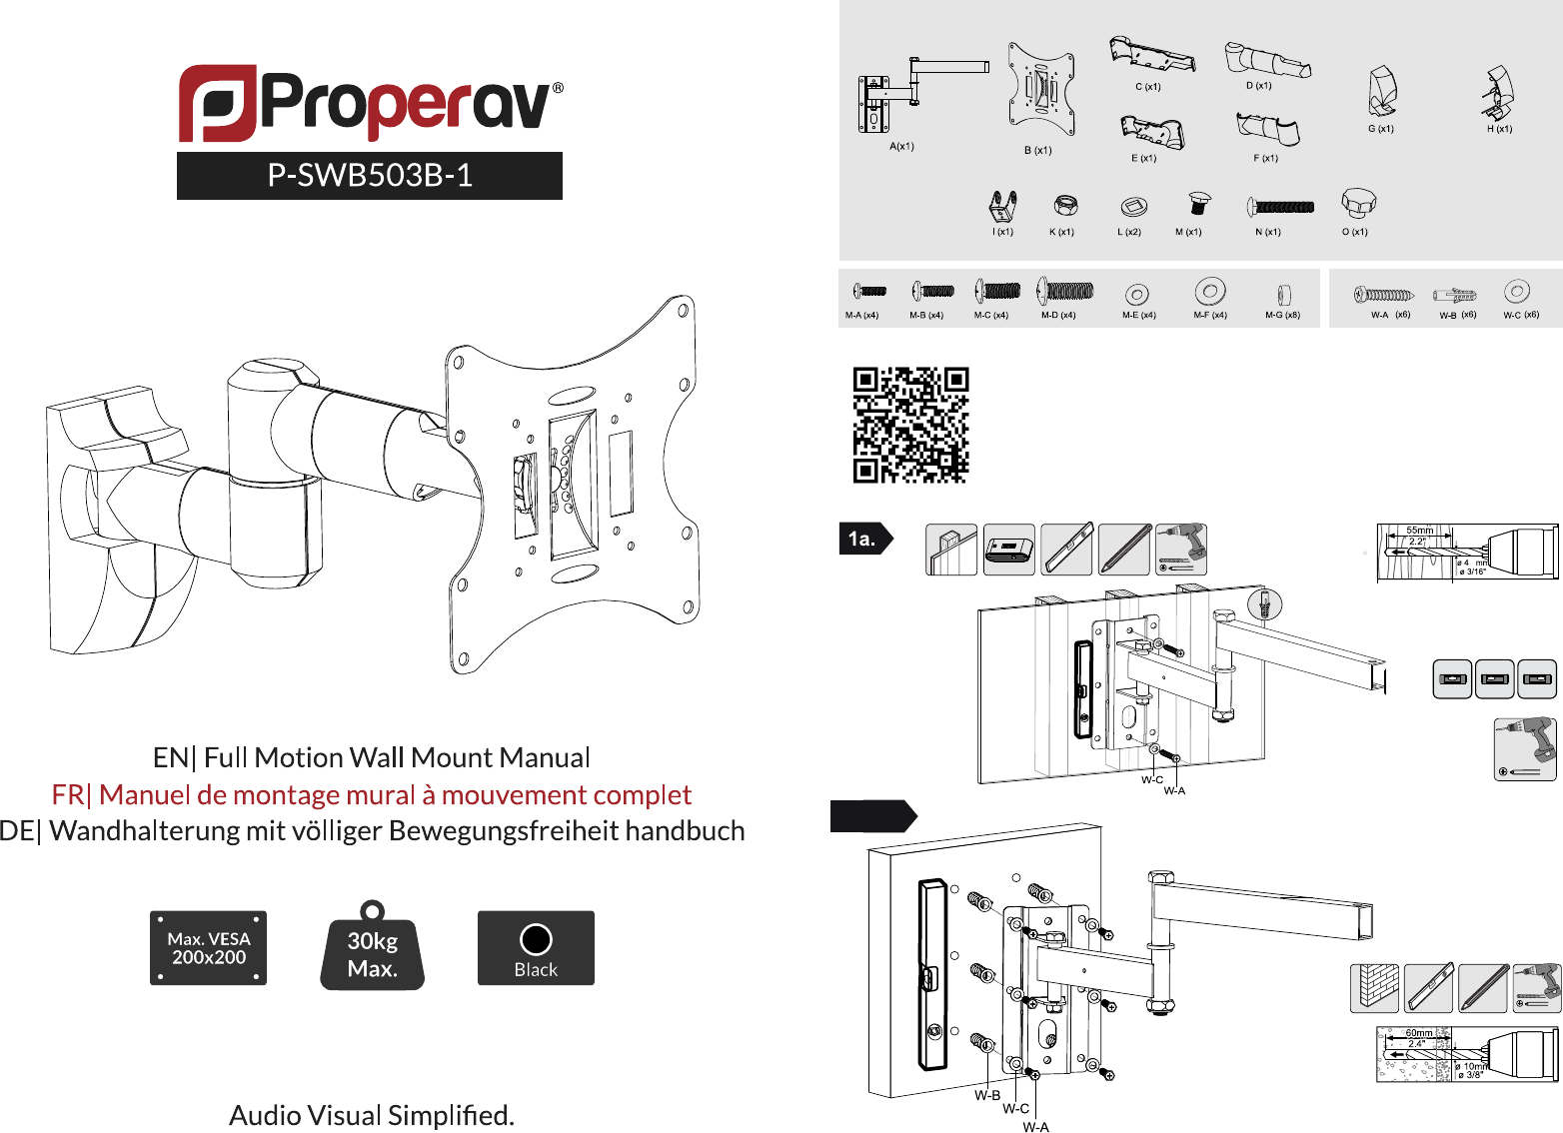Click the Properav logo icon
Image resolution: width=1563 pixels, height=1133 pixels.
(x=218, y=103)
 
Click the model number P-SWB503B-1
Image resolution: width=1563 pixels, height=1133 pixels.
(x=370, y=176)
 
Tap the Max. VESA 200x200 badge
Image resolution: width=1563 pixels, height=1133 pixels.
(x=208, y=947)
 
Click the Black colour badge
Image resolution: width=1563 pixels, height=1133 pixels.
(x=536, y=947)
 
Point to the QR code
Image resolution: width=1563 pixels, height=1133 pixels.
(x=910, y=425)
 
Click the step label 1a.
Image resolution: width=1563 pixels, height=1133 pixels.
(x=861, y=540)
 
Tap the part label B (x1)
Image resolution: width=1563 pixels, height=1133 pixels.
(x=1037, y=151)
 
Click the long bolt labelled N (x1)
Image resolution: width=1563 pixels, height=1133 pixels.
(x=1281, y=207)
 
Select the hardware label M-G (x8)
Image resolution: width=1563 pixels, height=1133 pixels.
(x=1282, y=315)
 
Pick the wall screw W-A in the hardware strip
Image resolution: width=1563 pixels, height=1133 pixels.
(x=1384, y=295)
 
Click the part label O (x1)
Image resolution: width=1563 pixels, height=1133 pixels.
(x=1355, y=232)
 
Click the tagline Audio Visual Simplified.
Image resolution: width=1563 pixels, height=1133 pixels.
(x=372, y=1115)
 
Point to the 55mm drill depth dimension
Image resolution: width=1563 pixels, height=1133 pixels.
(x=1419, y=531)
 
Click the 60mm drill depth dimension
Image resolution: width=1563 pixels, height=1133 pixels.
(x=1419, y=1033)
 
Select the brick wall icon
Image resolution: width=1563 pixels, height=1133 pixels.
(x=1374, y=988)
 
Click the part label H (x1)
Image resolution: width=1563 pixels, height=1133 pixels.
(x=1499, y=129)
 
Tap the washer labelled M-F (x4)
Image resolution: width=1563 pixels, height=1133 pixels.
(x=1209, y=292)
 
